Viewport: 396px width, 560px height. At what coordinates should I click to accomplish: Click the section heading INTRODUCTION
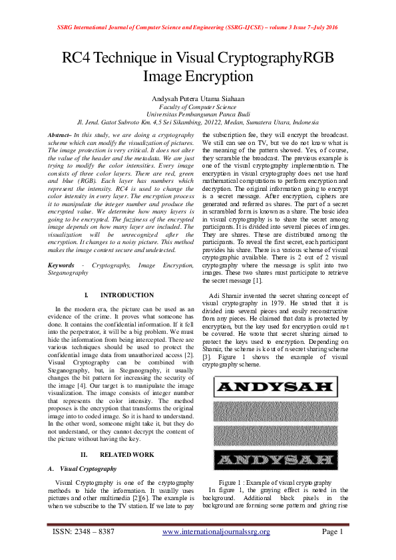pos(126,295)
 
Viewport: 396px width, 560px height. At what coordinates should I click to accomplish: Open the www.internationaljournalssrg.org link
pos(216,532)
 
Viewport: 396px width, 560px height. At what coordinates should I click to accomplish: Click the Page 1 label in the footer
pos(331,532)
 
